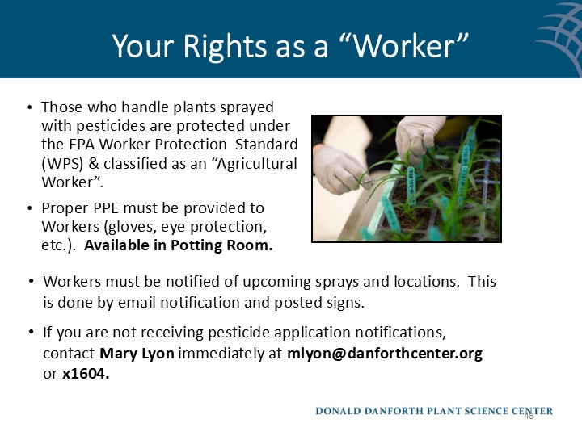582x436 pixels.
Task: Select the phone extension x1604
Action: [86, 373]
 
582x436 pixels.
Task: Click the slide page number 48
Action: [529, 417]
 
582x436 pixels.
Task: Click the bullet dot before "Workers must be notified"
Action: [31, 282]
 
